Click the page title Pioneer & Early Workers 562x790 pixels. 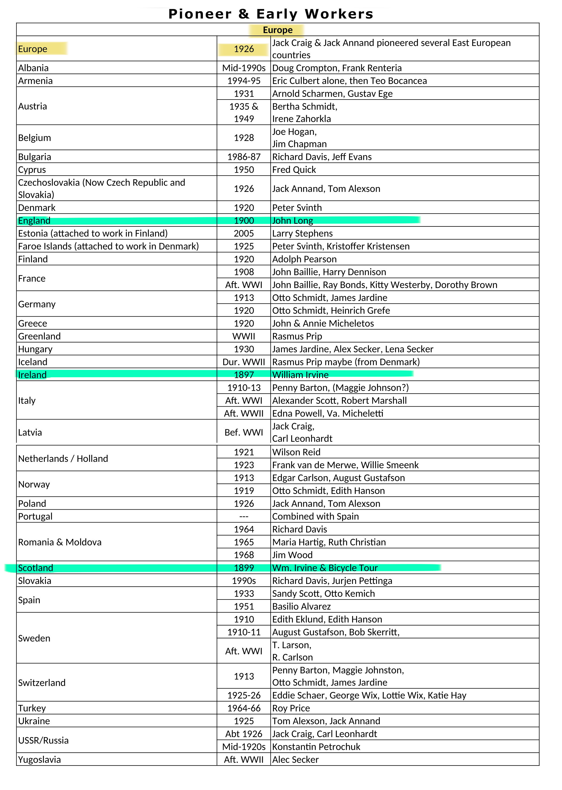[271, 14]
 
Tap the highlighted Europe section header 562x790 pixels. [278, 30]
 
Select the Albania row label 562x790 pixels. [33, 68]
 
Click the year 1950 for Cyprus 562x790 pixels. [244, 170]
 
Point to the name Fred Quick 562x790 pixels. [294, 170]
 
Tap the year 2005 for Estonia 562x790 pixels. [244, 233]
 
